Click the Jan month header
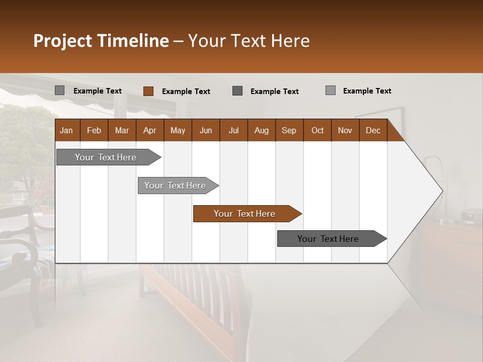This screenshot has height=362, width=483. pos(66,130)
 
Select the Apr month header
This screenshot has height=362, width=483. pos(149,130)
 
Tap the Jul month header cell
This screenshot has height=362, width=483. pos(233,130)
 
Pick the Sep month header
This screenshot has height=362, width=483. pos(289,130)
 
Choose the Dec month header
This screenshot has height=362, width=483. pos(373,130)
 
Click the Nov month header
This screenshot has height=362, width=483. pos(345,130)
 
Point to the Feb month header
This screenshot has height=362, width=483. pos(94,130)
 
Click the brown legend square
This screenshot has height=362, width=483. pos(148,91)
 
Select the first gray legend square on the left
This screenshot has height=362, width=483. pos(59,90)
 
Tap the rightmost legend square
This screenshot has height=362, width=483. pos(330,90)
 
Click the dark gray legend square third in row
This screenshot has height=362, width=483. pos(237,91)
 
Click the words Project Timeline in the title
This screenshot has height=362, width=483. pos(101,41)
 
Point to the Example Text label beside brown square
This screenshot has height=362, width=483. pos(186,92)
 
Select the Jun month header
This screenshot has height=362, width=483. pos(205,130)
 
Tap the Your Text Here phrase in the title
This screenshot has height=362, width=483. pos(249,41)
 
